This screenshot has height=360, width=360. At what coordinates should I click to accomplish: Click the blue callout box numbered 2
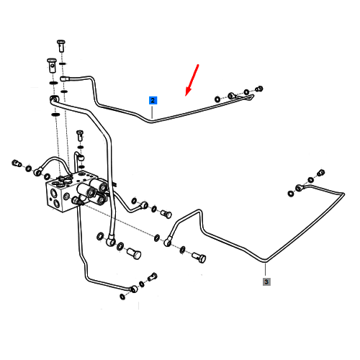153,100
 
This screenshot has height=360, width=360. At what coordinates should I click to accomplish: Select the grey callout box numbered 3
266,282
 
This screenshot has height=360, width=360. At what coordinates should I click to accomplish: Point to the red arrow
192,80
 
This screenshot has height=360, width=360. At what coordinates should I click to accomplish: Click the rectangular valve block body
63,194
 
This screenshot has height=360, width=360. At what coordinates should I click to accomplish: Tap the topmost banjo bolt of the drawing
61,45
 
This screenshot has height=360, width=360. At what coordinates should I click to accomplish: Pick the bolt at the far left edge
17,163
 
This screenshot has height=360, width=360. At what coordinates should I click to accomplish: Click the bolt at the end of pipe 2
259,89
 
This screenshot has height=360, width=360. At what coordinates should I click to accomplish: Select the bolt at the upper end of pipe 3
321,172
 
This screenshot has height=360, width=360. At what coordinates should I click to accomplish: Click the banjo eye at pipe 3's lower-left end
168,242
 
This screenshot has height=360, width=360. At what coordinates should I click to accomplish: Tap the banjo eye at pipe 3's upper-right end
299,188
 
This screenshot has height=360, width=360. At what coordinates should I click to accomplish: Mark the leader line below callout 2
152,111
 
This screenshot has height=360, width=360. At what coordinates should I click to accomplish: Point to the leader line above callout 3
266,270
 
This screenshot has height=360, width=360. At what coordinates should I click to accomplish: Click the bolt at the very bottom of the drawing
152,276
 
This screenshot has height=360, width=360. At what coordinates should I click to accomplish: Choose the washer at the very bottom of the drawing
122,297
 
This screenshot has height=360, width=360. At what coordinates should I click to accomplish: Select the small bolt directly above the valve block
80,135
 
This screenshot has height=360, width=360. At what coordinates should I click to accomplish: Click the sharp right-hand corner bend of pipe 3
343,194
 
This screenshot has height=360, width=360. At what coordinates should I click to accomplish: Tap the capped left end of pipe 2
63,78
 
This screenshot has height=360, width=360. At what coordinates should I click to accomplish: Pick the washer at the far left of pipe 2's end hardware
217,99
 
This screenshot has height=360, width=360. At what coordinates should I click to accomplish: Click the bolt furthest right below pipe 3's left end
199,258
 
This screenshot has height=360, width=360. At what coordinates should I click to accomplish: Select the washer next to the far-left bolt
28,168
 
